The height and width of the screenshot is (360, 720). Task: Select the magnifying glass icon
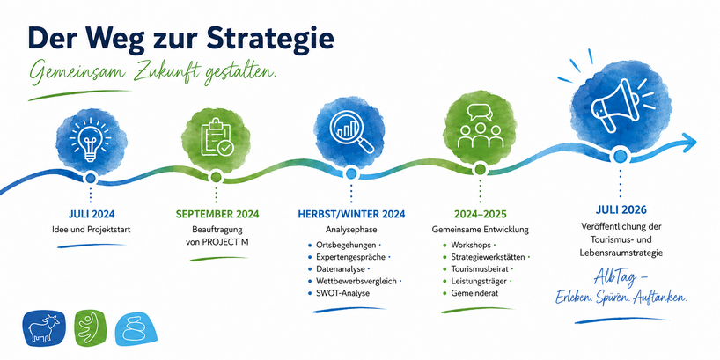coord(352,130)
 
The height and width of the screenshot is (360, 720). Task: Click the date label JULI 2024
coord(92,214)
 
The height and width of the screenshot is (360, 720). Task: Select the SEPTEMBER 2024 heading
coord(217,214)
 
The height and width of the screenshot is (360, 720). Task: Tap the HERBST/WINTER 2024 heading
coord(351,214)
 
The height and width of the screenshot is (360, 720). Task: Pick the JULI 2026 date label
coord(621,209)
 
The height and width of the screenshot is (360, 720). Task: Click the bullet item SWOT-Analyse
coord(342,293)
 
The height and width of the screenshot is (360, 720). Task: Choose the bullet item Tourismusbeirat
coord(481,268)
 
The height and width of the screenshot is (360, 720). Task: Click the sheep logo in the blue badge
coord(44,328)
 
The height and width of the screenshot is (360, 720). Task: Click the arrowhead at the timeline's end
coord(688,143)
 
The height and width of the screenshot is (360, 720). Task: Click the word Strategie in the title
coord(270,39)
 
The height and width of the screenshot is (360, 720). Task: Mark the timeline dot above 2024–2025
coord(481,169)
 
